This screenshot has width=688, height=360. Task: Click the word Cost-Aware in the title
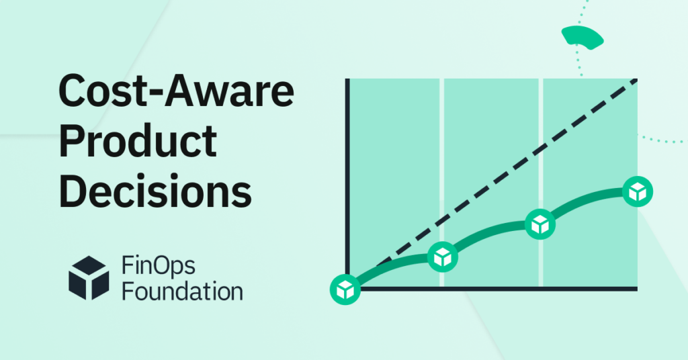coord(176,95)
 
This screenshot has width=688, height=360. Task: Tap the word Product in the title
coord(138,142)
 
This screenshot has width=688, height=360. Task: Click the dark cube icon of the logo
coord(89,277)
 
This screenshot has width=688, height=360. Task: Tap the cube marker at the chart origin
coord(345,289)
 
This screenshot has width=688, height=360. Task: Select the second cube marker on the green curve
coord(442,256)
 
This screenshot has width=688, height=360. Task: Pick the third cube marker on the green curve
coord(538,224)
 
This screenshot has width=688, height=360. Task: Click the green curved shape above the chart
coord(583,36)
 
